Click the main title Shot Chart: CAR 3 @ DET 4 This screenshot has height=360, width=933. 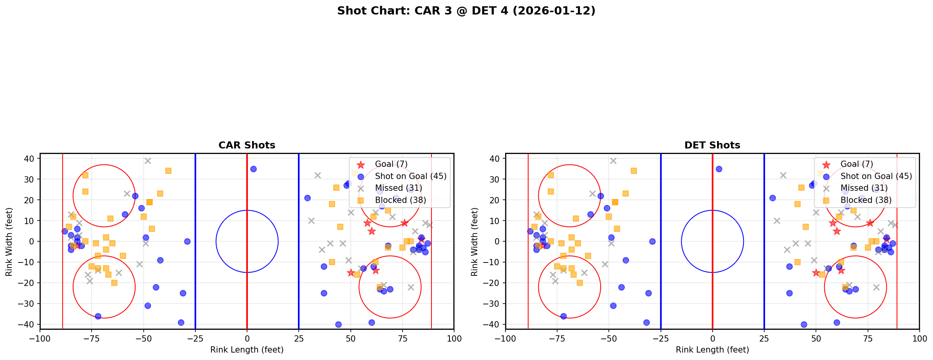pos(466,11)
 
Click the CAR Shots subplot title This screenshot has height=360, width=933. pos(247,145)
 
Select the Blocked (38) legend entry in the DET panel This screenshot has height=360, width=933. pos(866,200)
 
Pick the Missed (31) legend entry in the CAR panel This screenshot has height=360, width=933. pos(398,188)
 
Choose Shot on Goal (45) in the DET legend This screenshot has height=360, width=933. pos(876,176)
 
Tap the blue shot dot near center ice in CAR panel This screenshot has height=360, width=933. pos(253,169)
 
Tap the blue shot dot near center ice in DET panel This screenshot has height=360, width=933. pos(719,169)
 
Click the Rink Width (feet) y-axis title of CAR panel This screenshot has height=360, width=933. pos(9,242)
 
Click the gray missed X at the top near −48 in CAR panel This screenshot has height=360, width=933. pos(148,161)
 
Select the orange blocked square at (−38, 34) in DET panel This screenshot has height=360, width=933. pos(633,171)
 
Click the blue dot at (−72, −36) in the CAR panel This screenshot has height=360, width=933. pos(98,316)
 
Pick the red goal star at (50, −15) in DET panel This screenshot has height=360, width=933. pos(816,273)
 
